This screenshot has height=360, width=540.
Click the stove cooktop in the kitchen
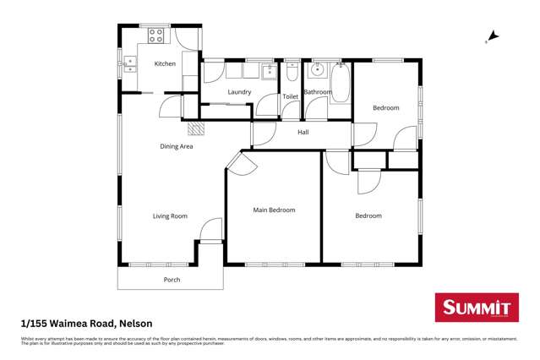(157, 35)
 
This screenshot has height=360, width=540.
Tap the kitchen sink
(132, 62)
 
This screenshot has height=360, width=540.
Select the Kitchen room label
(165, 64)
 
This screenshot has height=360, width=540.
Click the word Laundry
(239, 92)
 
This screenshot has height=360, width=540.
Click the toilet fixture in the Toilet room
(291, 72)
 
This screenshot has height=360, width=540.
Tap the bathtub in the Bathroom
(341, 83)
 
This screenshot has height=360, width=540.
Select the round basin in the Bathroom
(319, 70)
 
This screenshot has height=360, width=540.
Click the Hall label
(303, 133)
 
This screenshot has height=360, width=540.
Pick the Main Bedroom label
(275, 210)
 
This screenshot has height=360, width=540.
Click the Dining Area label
(177, 146)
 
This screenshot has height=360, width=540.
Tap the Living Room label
(170, 216)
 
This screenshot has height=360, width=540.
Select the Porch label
(172, 280)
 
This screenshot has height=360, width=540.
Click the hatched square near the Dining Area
(196, 128)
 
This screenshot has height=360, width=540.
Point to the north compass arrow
(493, 36)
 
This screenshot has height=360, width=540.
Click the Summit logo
(476, 308)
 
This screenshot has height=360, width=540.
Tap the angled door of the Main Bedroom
(242, 162)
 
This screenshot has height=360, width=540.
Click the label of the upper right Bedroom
(386, 108)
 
